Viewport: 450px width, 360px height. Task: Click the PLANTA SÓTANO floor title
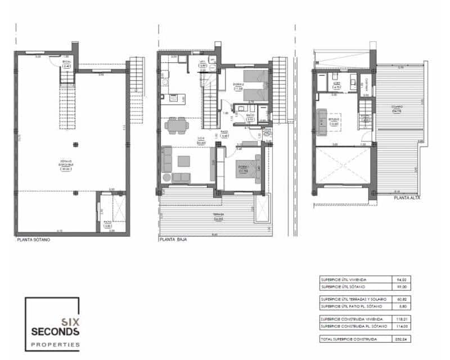click(x=33, y=240)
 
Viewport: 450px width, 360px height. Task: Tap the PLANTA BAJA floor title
click(x=173, y=240)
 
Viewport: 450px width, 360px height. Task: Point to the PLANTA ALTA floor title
click(x=392, y=198)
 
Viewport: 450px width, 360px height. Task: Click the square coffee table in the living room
click(x=184, y=161)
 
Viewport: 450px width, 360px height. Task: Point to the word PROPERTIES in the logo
click(x=55, y=344)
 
